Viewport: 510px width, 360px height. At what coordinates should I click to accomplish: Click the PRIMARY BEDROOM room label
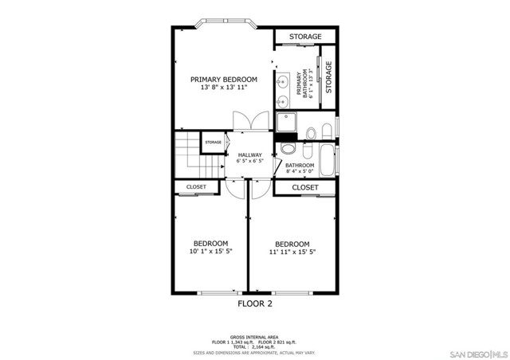223,80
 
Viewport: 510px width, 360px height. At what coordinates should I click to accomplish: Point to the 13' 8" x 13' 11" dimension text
223,88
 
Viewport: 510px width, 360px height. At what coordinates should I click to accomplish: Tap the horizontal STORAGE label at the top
305,37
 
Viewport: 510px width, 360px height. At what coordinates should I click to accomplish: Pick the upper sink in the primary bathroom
282,80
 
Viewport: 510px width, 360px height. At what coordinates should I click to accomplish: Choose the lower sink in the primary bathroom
282,101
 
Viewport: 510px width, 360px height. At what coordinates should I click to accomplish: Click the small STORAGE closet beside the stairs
213,143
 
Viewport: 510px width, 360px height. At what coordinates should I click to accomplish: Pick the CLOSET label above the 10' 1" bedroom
196,187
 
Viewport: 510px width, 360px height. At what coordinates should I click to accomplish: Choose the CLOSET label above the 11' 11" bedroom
305,188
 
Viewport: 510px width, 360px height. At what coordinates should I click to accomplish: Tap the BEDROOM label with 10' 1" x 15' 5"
210,243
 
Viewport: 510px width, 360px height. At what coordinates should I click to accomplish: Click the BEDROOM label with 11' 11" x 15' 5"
292,244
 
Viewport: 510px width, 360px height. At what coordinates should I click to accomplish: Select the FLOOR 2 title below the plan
255,303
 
